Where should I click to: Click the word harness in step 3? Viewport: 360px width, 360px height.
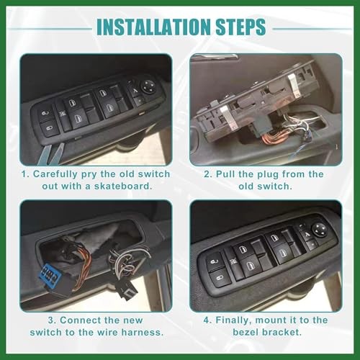pyautogui.click(x=142, y=334)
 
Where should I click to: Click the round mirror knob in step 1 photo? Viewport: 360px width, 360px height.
pyautogui.click(x=148, y=86)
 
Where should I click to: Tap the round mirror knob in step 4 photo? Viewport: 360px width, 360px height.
pyautogui.click(x=319, y=230)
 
